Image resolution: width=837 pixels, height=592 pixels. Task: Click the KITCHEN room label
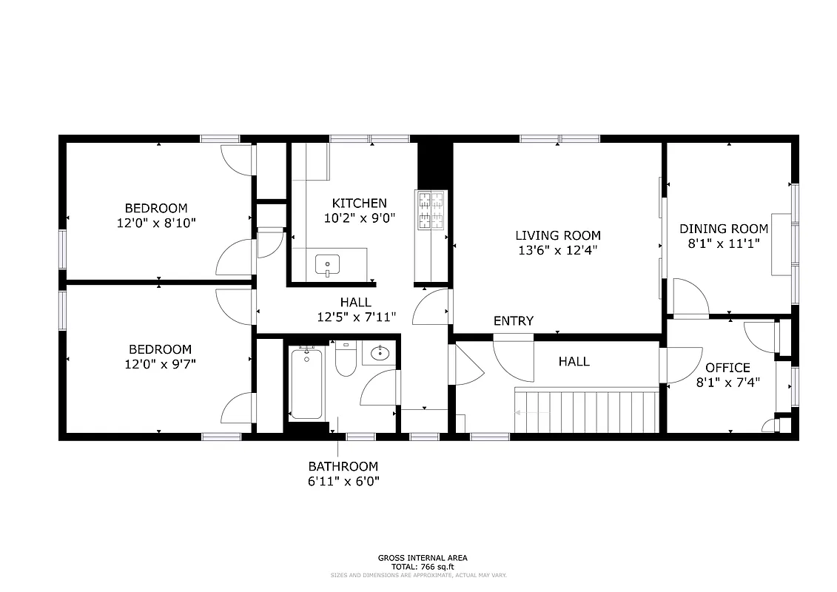click(x=359, y=203)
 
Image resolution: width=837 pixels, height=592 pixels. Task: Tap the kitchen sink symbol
click(x=327, y=264)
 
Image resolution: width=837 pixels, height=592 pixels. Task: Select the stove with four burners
click(x=431, y=210)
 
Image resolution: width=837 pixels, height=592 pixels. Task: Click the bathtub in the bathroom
click(x=306, y=384)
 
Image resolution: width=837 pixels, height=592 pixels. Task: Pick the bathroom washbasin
click(x=380, y=353)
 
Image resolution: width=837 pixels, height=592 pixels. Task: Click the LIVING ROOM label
click(x=558, y=235)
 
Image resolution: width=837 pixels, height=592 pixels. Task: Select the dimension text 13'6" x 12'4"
click(x=558, y=250)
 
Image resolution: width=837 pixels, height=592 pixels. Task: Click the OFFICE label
click(x=727, y=368)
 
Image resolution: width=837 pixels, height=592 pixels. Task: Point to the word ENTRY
click(x=514, y=321)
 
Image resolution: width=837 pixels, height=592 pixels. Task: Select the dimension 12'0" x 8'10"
click(x=156, y=222)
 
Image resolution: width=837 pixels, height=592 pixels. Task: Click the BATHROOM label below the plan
click(x=343, y=466)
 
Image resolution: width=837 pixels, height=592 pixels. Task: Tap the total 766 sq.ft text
click(x=422, y=566)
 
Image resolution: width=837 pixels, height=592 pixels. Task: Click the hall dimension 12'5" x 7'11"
click(x=356, y=317)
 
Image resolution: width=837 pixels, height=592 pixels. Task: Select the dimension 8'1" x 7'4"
click(x=727, y=383)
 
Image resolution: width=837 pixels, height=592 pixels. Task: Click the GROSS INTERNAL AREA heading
click(x=422, y=558)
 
